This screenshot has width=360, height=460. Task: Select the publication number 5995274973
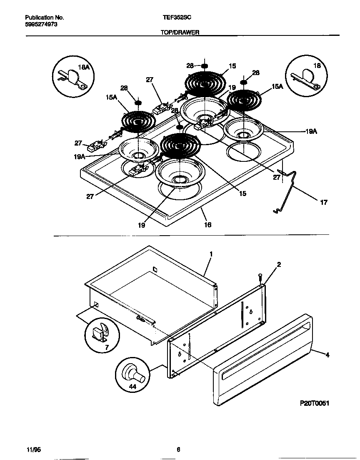(x=41, y=25)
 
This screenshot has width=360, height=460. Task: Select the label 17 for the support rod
(x=324, y=203)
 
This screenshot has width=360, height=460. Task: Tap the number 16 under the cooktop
(x=207, y=225)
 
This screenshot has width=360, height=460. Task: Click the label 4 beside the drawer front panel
(x=327, y=355)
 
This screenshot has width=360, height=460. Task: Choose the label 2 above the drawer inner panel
(x=279, y=264)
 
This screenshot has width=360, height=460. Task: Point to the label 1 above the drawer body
(x=211, y=254)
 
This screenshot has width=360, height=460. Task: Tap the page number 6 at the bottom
(x=178, y=450)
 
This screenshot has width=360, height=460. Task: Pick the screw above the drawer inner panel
(x=260, y=277)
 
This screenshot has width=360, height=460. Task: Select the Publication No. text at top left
(x=45, y=18)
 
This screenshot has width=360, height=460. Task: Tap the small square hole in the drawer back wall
(x=155, y=269)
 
